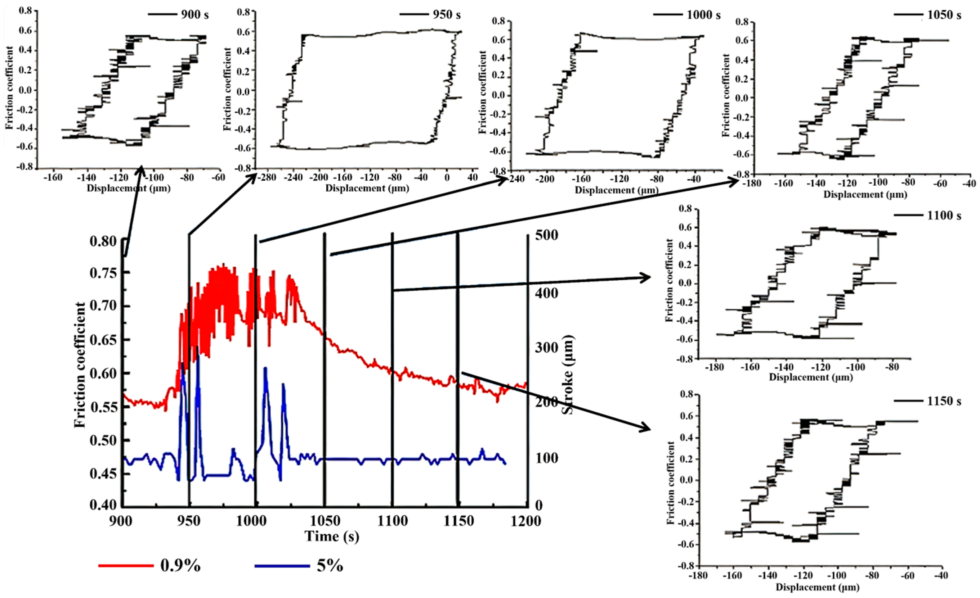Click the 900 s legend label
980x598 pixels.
pyautogui.click(x=195, y=15)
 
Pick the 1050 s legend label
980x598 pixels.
pyautogui.click(x=944, y=15)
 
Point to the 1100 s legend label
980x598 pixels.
pyautogui.click(x=944, y=216)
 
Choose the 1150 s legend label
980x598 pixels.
pyautogui.click(x=944, y=401)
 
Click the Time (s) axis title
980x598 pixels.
pyautogui.click(x=332, y=536)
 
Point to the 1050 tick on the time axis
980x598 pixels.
pyautogui.click(x=325, y=520)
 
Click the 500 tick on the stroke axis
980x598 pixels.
pyautogui.click(x=546, y=235)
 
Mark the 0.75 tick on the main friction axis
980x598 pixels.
pyautogui.click(x=103, y=273)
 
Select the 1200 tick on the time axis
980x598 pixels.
pyautogui.click(x=527, y=520)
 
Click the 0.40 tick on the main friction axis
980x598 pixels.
pyautogui.click(x=103, y=505)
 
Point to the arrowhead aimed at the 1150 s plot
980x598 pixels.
pyautogui.click(x=644, y=429)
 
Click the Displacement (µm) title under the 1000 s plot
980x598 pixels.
pyautogui.click(x=616, y=190)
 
